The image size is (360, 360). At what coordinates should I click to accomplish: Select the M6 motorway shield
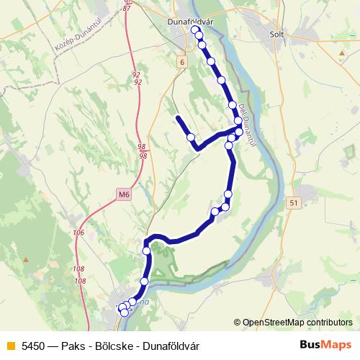pyautogui.click(x=123, y=194)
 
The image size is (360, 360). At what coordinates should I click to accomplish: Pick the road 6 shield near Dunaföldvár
pyautogui.click(x=182, y=63)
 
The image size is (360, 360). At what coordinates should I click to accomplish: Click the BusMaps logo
pyautogui.click(x=326, y=345)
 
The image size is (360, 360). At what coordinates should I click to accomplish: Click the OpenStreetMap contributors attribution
pyautogui.click(x=297, y=323)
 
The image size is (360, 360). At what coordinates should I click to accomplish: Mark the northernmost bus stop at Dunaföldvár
pyautogui.click(x=194, y=30)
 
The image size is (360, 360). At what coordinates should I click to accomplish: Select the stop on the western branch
pyautogui.click(x=191, y=137)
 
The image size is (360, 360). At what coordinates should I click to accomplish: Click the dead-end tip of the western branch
pyautogui.click(x=177, y=116)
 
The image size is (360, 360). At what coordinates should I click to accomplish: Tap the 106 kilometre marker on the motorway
pyautogui.click(x=78, y=233)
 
